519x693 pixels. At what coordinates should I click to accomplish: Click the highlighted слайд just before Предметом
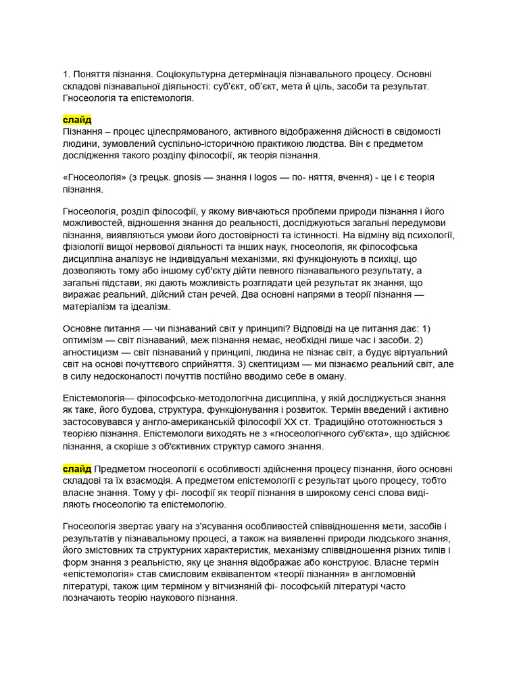pyautogui.click(x=77, y=469)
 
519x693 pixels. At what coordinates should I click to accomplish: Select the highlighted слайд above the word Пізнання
pyautogui.click(x=77, y=120)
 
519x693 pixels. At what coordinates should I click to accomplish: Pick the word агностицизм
pyautogui.click(x=93, y=353)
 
